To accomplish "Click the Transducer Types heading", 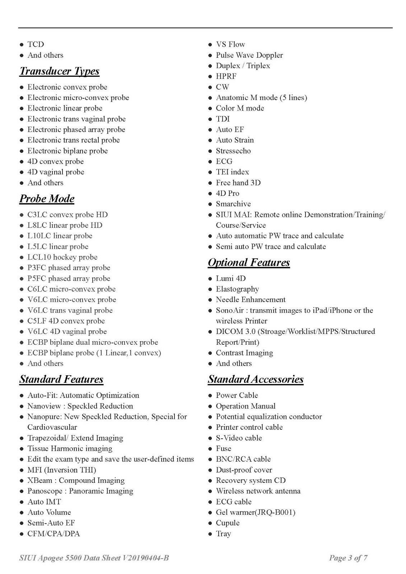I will coord(59,71).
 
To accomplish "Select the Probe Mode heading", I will coord(47,199).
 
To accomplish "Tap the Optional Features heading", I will coord(249,263).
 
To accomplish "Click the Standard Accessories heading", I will coord(256,379).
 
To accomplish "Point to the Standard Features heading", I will coord(61,379).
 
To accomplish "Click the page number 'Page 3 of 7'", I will coord(348,558).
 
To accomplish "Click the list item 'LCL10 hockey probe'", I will coord(62,257).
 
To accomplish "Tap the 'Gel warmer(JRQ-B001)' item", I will coord(255,512).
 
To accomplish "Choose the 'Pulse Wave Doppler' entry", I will coord(249,55).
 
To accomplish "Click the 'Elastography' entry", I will coord(237,289).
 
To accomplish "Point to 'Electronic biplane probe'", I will coord(67,151).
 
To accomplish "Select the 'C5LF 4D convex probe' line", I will coord(66,321).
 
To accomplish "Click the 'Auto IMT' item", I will coord(44,502).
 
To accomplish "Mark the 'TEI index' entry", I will coord(232,172).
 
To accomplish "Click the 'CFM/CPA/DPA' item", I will coord(53,534).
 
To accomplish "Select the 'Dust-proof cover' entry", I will coord(244,470).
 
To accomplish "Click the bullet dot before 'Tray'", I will coord(210,534).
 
